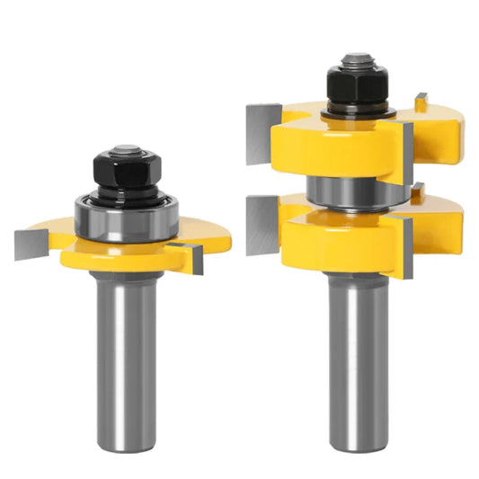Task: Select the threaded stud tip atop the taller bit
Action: (x=357, y=59)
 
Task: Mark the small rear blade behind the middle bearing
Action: (x=418, y=191)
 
